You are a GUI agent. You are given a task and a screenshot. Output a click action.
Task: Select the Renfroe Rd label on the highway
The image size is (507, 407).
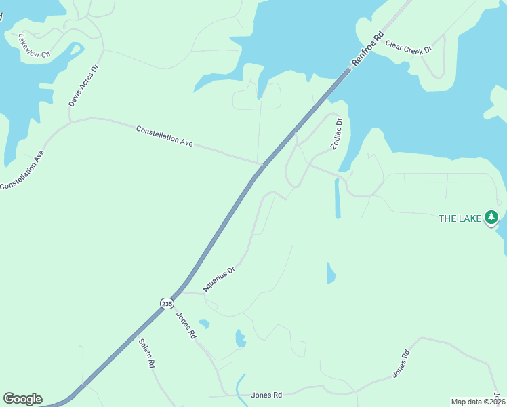click(368, 48)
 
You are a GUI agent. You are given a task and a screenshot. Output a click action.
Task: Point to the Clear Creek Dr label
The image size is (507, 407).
click(408, 47)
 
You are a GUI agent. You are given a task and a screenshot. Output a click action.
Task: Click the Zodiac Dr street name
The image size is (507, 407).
click(336, 134)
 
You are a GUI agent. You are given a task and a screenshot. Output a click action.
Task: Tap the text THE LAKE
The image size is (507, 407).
click(460, 218)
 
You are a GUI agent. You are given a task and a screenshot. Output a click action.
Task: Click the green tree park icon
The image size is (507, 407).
click(491, 218)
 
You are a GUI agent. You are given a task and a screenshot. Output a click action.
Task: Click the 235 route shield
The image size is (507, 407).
click(167, 304)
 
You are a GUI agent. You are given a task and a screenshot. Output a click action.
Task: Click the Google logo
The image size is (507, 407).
click(22, 399)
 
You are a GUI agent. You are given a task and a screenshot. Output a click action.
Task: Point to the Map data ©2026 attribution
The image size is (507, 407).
click(475, 402)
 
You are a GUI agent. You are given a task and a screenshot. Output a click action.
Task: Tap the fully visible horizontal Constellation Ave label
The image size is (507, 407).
click(165, 136)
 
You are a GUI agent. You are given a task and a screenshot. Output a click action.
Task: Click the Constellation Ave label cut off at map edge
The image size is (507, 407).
click(22, 170)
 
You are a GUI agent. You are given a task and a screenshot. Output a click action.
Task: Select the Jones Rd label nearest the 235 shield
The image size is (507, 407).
click(186, 326)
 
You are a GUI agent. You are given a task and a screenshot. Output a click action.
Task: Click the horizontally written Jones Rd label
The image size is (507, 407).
click(266, 394)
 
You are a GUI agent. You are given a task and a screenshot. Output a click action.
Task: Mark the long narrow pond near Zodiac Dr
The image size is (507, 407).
click(337, 198)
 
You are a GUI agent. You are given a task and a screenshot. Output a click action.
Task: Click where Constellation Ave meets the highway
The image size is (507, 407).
click(262, 163)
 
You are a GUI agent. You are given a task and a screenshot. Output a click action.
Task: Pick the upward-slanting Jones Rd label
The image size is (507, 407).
click(401, 364)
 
